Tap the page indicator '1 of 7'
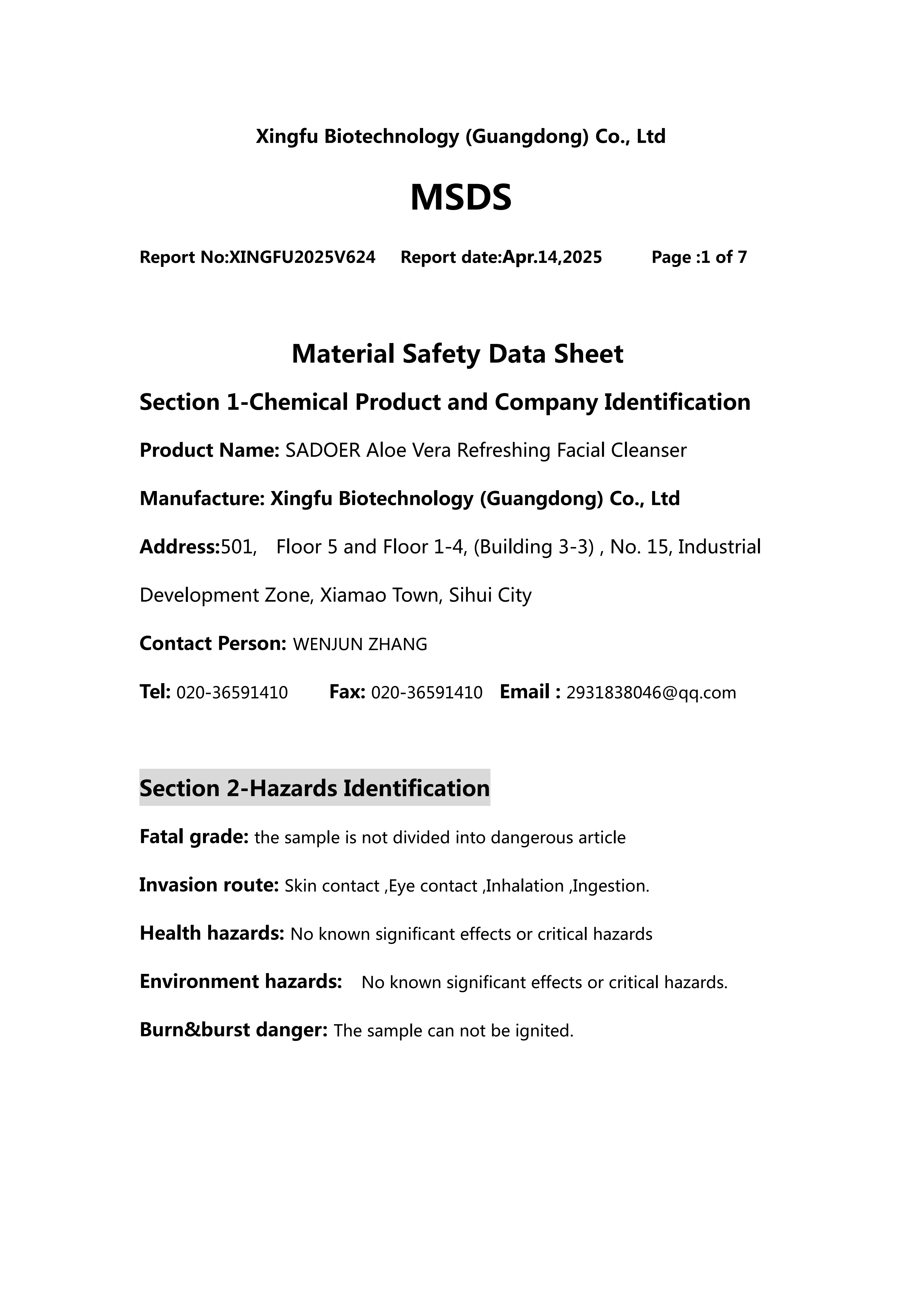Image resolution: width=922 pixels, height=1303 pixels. (724, 258)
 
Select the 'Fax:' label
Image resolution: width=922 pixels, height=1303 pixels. (347, 692)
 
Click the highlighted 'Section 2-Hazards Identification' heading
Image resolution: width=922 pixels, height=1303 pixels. (314, 788)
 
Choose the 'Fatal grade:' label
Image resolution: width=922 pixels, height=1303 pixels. (194, 837)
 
